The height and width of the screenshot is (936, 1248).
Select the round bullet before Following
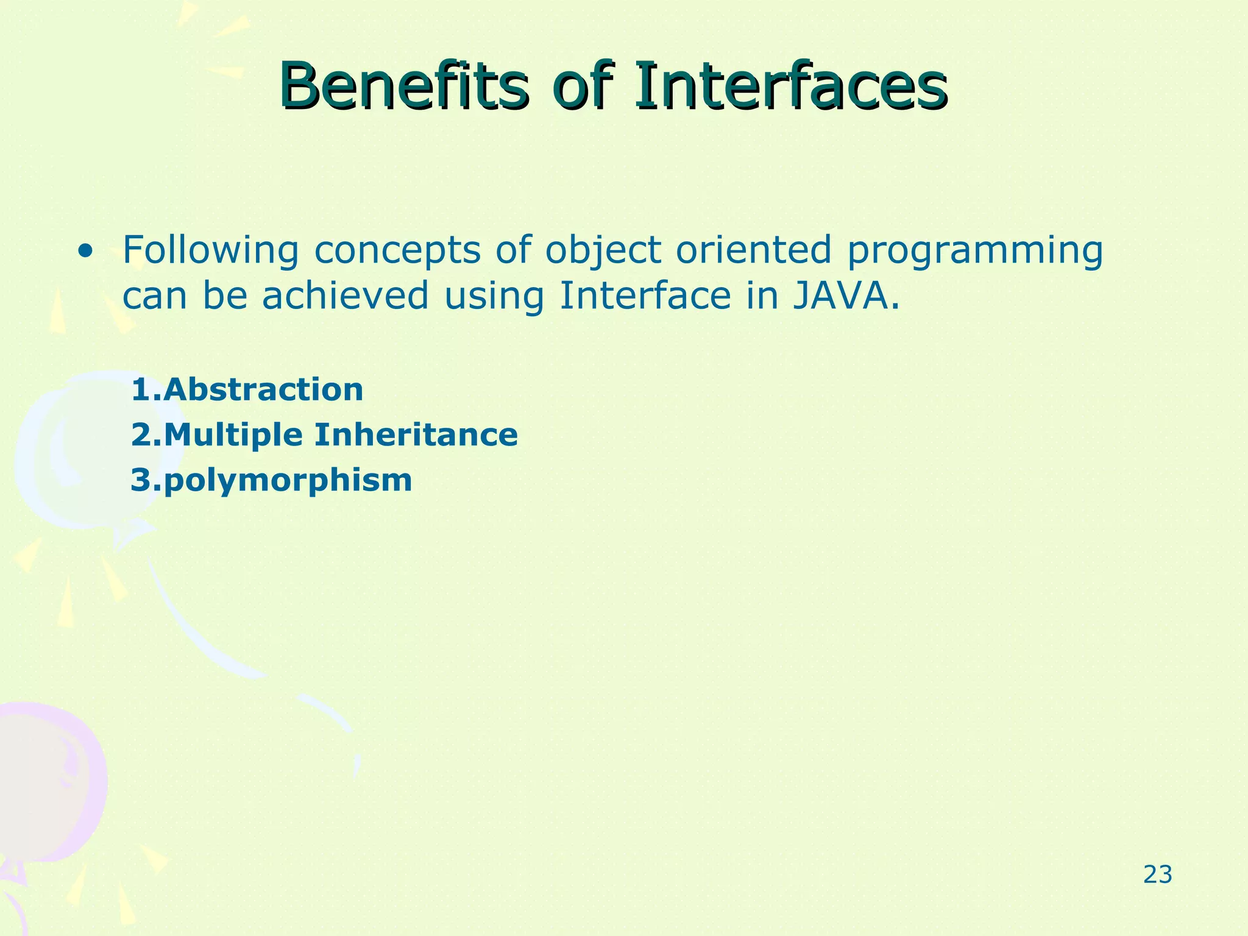pos(86,250)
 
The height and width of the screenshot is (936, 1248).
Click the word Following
pos(210,250)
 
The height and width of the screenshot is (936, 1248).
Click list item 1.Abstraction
pos(247,389)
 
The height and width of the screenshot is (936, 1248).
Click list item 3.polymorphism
pos(272,481)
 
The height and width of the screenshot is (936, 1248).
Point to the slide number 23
pos(1157,874)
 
